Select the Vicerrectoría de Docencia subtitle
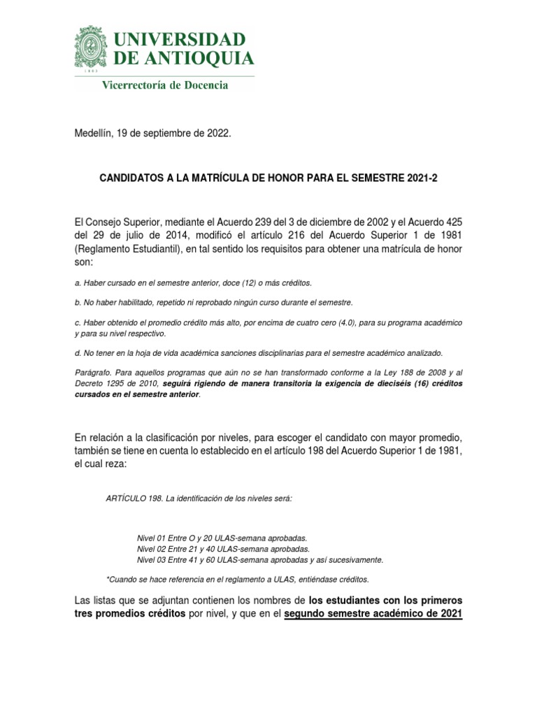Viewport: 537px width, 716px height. point(164,85)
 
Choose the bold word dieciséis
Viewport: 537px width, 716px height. point(377,385)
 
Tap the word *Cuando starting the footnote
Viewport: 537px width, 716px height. point(120,580)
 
